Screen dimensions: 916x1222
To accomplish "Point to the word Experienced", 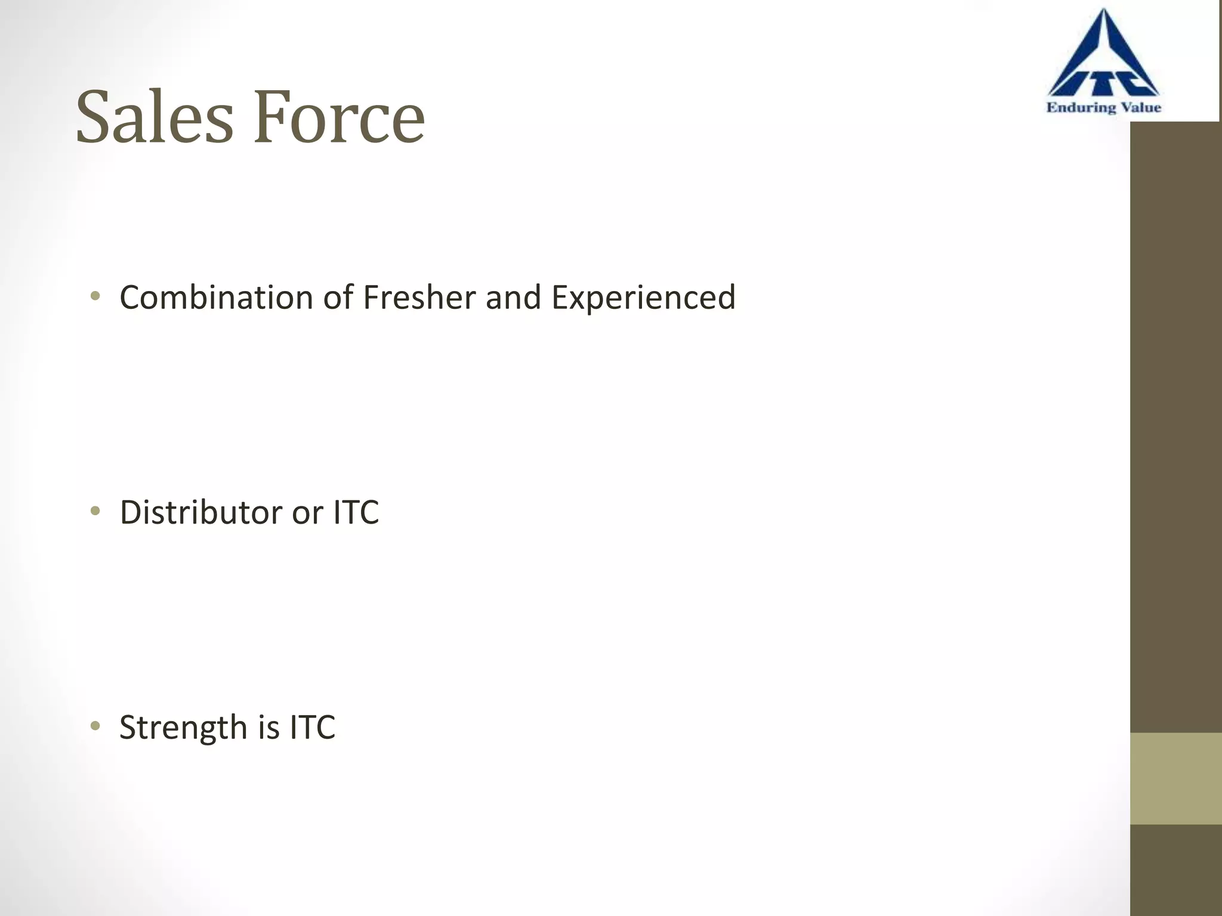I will pyautogui.click(x=643, y=298).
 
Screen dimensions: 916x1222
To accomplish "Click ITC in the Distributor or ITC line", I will pyautogui.click(x=356, y=512).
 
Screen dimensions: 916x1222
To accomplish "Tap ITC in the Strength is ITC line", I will pyautogui.click(x=313, y=728).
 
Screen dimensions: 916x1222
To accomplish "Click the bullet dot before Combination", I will pyautogui.click(x=95, y=296).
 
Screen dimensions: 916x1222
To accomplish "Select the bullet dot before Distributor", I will pyautogui.click(x=95, y=511).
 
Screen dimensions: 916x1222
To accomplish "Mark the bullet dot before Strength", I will pyautogui.click(x=95, y=726).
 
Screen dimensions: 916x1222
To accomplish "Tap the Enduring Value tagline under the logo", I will pyautogui.click(x=1103, y=108).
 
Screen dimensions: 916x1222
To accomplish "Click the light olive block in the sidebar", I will pyautogui.click(x=1175, y=778).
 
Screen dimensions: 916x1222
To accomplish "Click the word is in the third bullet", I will pyautogui.click(x=269, y=728).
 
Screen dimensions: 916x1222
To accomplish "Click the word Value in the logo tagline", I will pyautogui.click(x=1140, y=108).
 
